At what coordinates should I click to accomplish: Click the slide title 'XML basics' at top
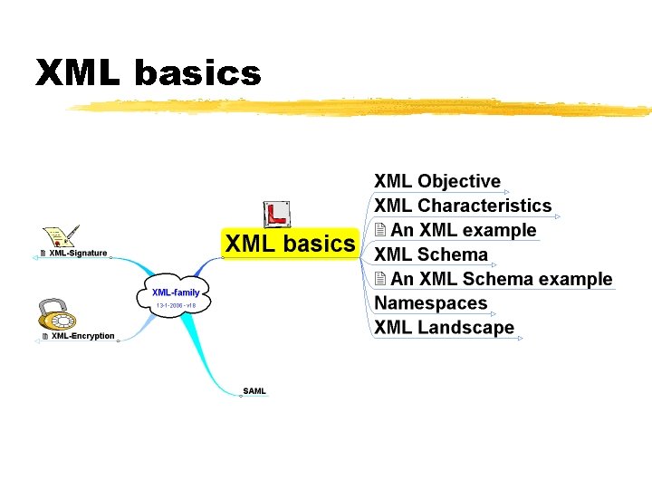tap(148, 73)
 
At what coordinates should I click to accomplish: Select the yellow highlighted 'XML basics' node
tap(290, 244)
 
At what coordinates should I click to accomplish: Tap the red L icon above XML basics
tap(276, 215)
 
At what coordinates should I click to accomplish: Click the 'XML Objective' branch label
tap(437, 182)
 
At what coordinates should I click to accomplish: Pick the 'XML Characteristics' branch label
tap(463, 206)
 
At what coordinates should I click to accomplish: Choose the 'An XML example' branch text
tap(464, 230)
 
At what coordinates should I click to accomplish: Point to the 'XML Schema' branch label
tap(431, 254)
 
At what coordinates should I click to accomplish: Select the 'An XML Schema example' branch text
tap(502, 279)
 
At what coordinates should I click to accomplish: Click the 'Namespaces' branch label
tap(431, 303)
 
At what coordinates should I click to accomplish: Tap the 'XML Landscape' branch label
tap(444, 328)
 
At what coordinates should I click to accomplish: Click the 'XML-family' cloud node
tap(176, 292)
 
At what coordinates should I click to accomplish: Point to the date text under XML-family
tap(176, 306)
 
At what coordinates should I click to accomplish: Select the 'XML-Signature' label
tap(78, 254)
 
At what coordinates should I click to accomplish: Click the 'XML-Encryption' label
tap(82, 336)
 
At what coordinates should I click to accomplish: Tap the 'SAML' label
tap(254, 391)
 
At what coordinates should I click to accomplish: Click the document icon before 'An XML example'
tap(381, 230)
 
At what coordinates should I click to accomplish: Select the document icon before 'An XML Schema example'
tap(381, 279)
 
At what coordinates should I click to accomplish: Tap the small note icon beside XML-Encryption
tap(44, 337)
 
